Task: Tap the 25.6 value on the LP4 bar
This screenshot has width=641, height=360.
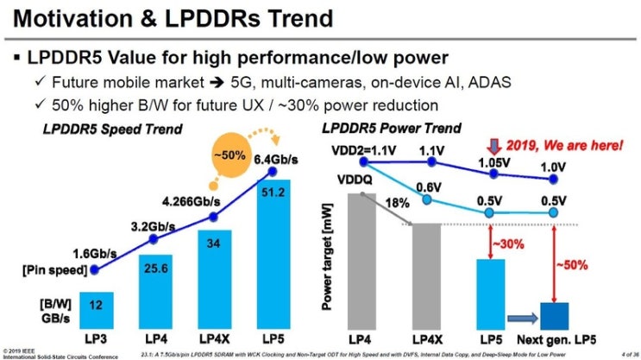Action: [155, 268]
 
